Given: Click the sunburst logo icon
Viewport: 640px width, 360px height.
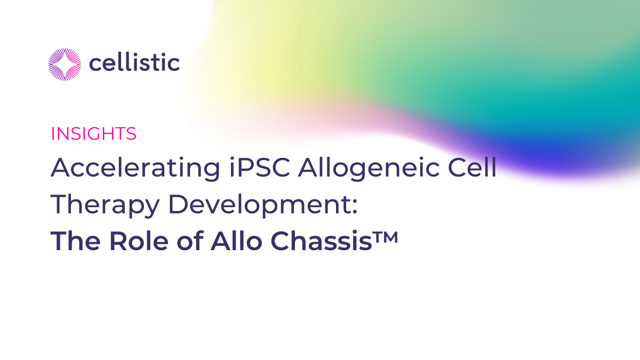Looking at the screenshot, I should pyautogui.click(x=65, y=64).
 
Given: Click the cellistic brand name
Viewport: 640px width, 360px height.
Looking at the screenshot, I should pyautogui.click(x=134, y=63).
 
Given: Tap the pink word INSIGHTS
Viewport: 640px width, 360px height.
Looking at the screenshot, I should pyautogui.click(x=94, y=134).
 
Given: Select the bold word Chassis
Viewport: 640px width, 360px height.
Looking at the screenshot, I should pyautogui.click(x=317, y=242).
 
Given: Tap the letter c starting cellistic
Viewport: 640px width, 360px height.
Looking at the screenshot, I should pyautogui.click(x=94, y=65).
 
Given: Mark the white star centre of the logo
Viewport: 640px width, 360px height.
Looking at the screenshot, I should pyautogui.click(x=65, y=64).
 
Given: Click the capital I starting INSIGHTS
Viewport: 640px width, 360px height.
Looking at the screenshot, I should pyautogui.click(x=52, y=134).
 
